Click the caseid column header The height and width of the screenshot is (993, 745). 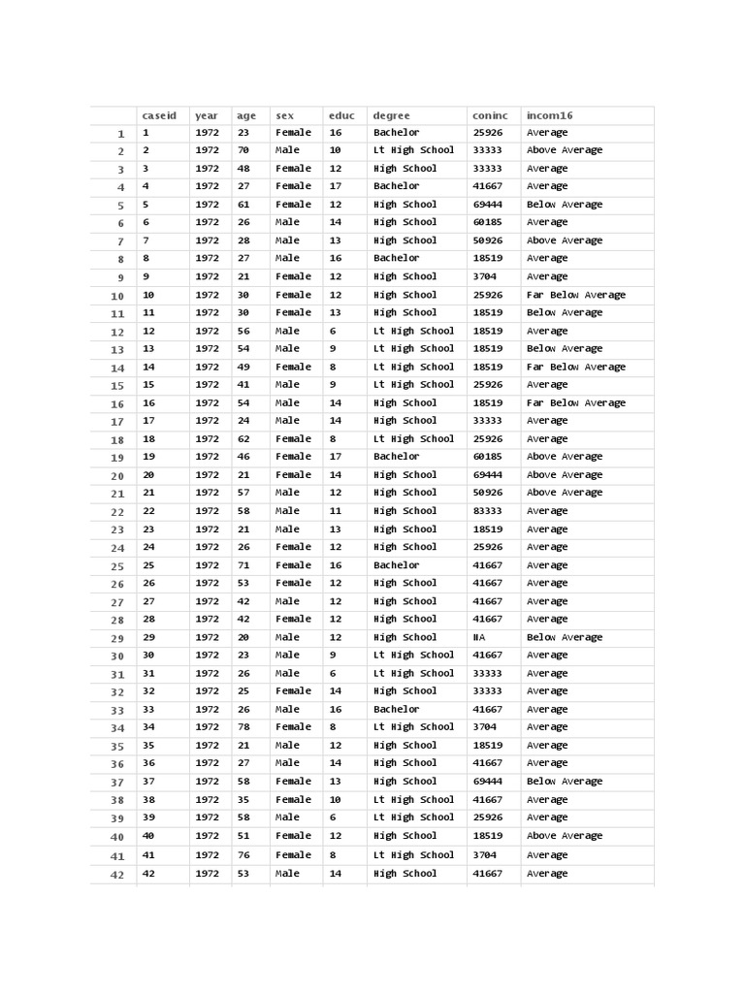click(x=155, y=116)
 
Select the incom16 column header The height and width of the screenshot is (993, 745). click(x=550, y=116)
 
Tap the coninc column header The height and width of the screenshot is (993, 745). click(x=490, y=116)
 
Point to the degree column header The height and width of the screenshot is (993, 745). click(x=392, y=116)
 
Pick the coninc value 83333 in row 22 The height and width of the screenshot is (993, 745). click(x=487, y=511)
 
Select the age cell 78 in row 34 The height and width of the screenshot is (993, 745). click(x=243, y=727)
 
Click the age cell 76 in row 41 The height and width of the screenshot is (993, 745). click(x=243, y=855)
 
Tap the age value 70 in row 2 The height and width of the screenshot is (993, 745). click(x=243, y=150)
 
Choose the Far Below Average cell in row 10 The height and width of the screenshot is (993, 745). click(x=576, y=295)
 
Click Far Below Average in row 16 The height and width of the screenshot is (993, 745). click(x=576, y=403)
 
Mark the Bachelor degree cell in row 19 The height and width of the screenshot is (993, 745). click(x=397, y=457)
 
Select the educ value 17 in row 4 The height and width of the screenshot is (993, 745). click(x=336, y=186)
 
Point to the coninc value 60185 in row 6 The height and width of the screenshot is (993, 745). click(x=487, y=222)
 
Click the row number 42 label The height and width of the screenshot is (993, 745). click(x=117, y=875)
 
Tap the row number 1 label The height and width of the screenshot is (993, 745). click(x=121, y=134)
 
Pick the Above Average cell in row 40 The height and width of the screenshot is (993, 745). click(x=565, y=836)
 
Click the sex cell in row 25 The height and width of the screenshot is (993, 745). click(x=294, y=565)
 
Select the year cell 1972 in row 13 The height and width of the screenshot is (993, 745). click(x=207, y=349)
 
